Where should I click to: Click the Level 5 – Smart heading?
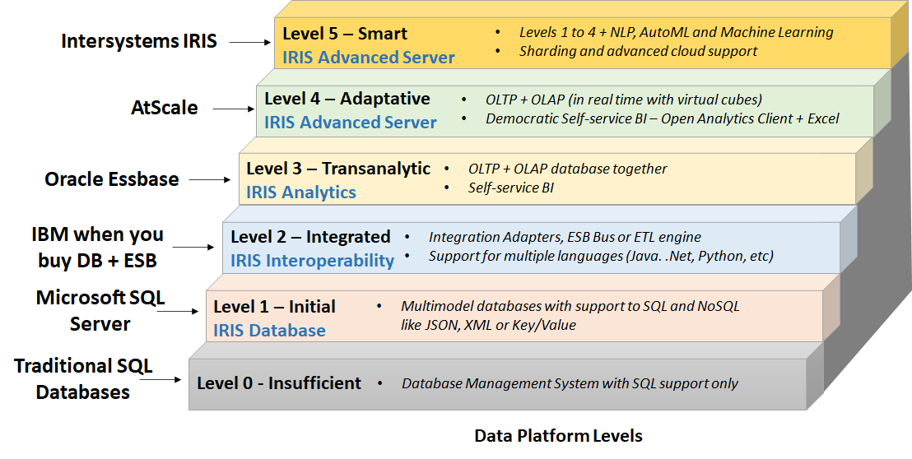pyautogui.click(x=344, y=34)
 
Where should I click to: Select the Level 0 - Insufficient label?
pyautogui.click(x=278, y=383)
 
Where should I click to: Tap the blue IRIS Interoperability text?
pyautogui.click(x=312, y=261)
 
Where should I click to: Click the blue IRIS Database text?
pyautogui.click(x=269, y=331)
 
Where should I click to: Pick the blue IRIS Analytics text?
pyautogui.click(x=301, y=192)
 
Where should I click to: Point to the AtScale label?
pyautogui.click(x=165, y=108)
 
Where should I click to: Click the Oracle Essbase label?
pyautogui.click(x=112, y=179)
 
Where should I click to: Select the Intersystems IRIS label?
pyautogui.click(x=139, y=40)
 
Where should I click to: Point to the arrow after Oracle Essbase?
pyautogui.click(x=211, y=178)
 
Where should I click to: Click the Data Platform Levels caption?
pyautogui.click(x=558, y=436)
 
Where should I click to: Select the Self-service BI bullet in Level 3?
pyautogui.click(x=510, y=188)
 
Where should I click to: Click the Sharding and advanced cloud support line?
pyautogui.click(x=638, y=51)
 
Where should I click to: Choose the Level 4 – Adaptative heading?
pyautogui.click(x=347, y=99)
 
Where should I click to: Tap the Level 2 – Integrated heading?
pyautogui.click(x=310, y=237)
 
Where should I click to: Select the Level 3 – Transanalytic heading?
pyautogui.click(x=338, y=169)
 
